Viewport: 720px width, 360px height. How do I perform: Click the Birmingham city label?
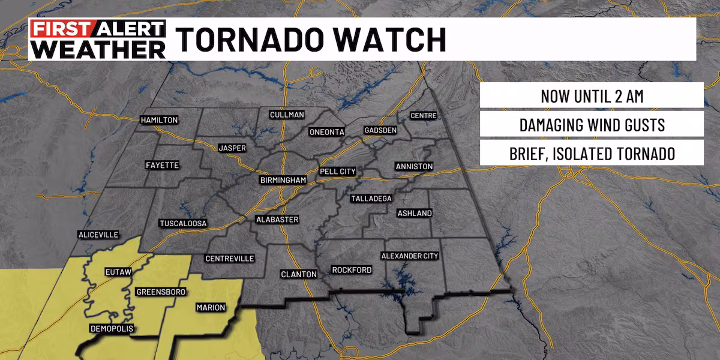pos(283,180)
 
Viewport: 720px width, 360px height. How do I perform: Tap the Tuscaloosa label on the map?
pos(183,224)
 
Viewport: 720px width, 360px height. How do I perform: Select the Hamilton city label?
pos(159,120)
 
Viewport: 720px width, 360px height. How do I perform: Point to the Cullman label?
pos(287,115)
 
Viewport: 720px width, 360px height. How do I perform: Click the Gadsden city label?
pos(380,130)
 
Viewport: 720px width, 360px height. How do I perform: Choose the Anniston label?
pos(414,166)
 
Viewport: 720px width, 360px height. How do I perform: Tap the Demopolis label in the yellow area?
pos(112,328)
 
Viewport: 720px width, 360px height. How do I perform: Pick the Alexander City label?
pos(410,256)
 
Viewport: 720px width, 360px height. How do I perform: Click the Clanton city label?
pos(298,274)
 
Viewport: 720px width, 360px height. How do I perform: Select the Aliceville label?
pos(98,235)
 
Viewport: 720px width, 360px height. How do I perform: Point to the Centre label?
pos(423,115)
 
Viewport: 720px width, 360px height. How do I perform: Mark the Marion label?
pos(211,308)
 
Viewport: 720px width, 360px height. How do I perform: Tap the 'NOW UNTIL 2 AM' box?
pos(592,97)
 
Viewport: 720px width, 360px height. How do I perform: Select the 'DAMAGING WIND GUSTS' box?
pos(592,125)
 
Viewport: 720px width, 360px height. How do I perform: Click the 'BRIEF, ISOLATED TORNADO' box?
pos(592,154)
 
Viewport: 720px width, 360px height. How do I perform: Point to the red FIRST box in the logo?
pos(59,29)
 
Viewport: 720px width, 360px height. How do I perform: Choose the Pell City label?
pos(338,172)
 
